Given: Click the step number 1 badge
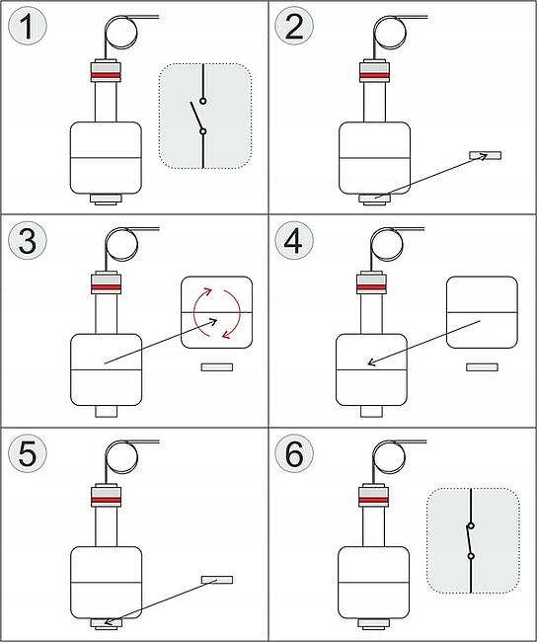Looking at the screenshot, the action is (28, 27).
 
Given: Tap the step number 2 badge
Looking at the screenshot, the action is (294, 27).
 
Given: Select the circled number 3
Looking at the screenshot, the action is (28, 240).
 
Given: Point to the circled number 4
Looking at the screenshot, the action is (294, 240).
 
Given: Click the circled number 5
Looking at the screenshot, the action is (28, 453).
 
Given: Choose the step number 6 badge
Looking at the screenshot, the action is (294, 453).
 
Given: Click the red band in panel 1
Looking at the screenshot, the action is (106, 76).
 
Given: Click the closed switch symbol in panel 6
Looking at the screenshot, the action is (471, 540).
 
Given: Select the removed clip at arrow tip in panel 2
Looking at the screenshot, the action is (485, 155).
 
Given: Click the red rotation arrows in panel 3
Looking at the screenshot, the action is (216, 313).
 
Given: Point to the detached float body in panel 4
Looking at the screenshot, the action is (482, 312).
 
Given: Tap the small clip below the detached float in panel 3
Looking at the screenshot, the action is (217, 366).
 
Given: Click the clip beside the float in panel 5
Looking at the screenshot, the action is (217, 580).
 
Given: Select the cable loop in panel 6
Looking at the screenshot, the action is (389, 457).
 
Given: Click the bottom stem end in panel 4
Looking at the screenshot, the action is (371, 411).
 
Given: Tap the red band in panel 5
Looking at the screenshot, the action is (106, 501).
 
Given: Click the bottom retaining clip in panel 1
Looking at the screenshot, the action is (106, 200).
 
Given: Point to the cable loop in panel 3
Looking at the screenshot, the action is (121, 244).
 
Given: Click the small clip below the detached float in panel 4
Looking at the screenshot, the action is (482, 366).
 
